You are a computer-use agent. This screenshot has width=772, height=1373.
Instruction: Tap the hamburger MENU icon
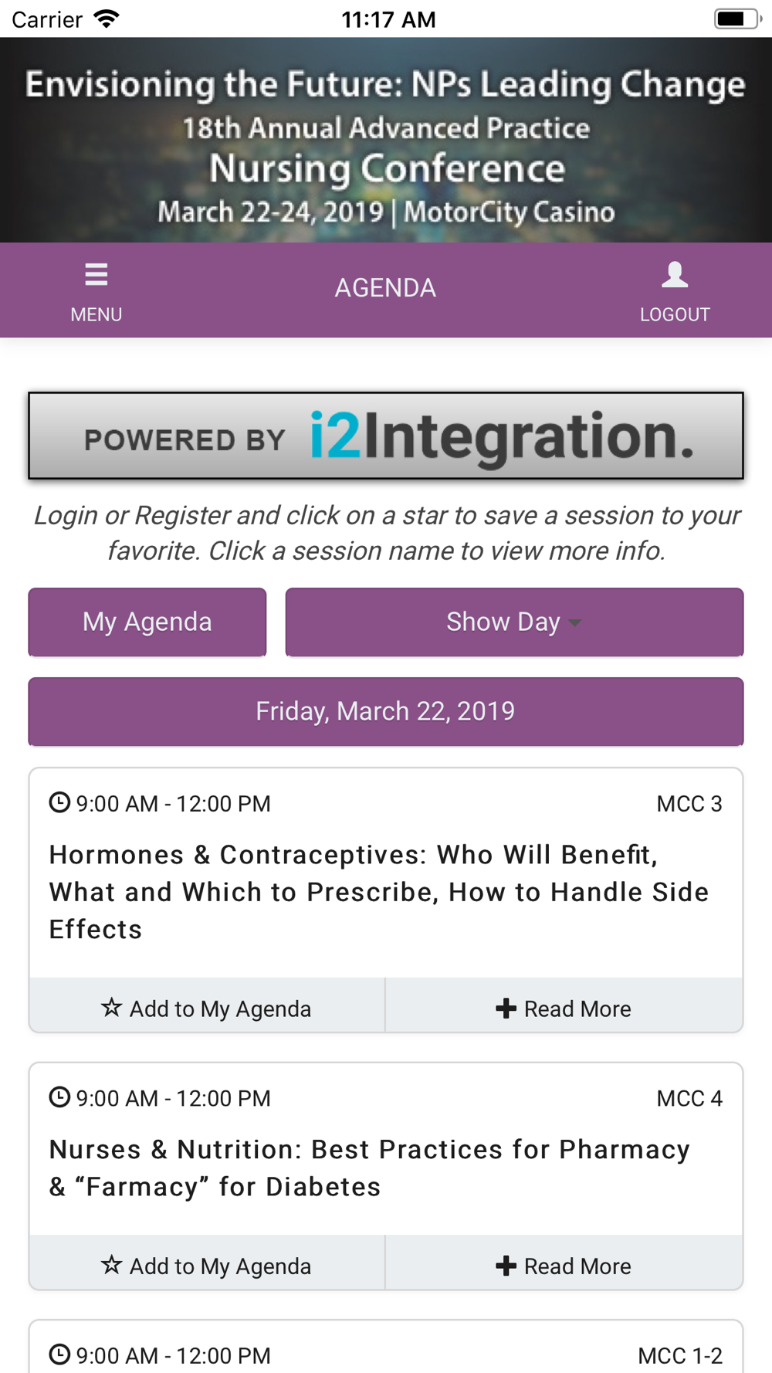pyautogui.click(x=96, y=274)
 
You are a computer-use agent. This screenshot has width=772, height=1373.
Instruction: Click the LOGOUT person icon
pyautogui.click(x=675, y=274)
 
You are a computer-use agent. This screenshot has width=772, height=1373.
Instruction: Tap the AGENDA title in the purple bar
pyautogui.click(x=385, y=288)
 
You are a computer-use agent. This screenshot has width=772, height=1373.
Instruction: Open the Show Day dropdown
pyautogui.click(x=514, y=622)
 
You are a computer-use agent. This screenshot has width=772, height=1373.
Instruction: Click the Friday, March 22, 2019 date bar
pyautogui.click(x=386, y=711)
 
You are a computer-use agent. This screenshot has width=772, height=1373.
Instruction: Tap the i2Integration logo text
pyautogui.click(x=502, y=436)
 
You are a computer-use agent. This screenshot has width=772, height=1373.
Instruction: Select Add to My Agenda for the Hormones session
pyautogui.click(x=207, y=1009)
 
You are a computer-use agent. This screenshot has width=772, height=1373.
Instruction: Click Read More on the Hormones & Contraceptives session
pyautogui.click(x=564, y=1009)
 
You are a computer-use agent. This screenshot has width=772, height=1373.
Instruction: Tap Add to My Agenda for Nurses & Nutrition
pyautogui.click(x=207, y=1266)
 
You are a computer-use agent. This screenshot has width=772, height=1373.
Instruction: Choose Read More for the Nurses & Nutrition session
pyautogui.click(x=564, y=1266)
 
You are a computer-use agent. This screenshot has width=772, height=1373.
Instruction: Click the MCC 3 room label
pyautogui.click(x=689, y=804)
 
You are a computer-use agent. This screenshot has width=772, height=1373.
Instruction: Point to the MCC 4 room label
pyautogui.click(x=689, y=1098)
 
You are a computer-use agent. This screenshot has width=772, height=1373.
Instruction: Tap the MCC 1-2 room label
pyautogui.click(x=680, y=1355)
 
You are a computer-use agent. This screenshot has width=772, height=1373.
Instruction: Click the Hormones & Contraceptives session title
pyautogui.click(x=378, y=892)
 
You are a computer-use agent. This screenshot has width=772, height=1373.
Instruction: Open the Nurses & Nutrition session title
pyautogui.click(x=369, y=1168)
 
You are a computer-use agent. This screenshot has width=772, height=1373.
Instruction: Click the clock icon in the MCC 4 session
pyautogui.click(x=59, y=1097)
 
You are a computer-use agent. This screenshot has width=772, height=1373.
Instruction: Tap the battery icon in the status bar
pyautogui.click(x=738, y=19)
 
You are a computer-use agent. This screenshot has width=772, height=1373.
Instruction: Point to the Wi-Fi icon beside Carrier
pyautogui.click(x=107, y=19)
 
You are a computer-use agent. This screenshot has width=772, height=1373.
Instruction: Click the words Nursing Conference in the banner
pyautogui.click(x=387, y=168)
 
